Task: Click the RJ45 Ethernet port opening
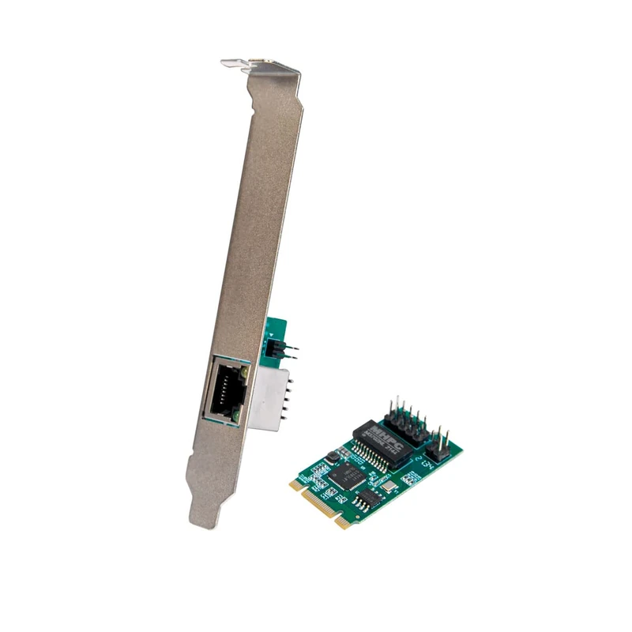point(224,389)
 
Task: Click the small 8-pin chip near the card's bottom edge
point(364,499)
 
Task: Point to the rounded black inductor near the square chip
point(332,456)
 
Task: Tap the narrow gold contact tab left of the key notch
point(341,521)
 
